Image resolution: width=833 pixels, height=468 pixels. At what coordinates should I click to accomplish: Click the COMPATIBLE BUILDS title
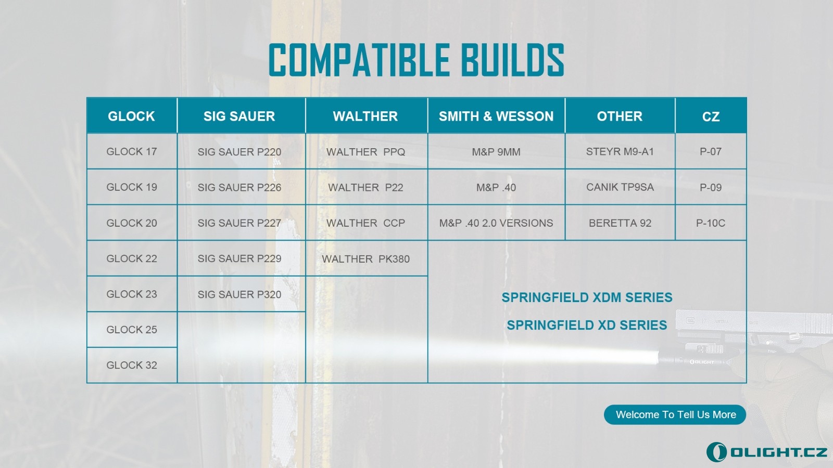click(416, 59)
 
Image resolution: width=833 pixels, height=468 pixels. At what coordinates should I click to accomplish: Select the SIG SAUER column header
click(242, 115)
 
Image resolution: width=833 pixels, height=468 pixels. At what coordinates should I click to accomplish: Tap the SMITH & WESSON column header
click(497, 115)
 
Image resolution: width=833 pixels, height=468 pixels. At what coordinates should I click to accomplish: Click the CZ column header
click(711, 115)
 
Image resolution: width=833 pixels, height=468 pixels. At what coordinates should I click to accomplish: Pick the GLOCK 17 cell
click(132, 151)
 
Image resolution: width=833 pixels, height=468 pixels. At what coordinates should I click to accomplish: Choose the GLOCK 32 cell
click(132, 365)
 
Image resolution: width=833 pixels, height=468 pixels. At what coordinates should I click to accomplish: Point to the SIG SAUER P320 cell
click(242, 294)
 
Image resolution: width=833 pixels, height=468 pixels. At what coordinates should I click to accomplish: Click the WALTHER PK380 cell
click(367, 258)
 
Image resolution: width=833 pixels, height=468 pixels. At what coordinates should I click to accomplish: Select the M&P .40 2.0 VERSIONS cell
click(497, 223)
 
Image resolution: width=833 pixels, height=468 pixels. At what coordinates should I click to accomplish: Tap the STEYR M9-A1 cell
click(620, 151)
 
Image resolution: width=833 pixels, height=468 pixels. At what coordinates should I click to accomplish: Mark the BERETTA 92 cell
click(620, 223)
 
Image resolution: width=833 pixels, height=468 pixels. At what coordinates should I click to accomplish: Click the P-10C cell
click(711, 223)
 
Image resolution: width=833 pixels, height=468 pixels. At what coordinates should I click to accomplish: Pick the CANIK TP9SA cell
click(620, 187)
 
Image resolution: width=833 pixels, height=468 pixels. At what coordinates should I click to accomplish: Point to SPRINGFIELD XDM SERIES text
click(587, 297)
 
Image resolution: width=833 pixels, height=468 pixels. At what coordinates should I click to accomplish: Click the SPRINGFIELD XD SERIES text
click(587, 325)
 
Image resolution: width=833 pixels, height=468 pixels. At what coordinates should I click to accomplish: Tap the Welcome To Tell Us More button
click(675, 414)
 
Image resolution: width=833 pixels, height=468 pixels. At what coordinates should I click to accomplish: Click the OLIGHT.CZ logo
click(766, 452)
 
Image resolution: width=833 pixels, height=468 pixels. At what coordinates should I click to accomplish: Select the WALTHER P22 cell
click(367, 187)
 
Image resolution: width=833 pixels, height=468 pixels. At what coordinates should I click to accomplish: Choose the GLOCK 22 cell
click(132, 258)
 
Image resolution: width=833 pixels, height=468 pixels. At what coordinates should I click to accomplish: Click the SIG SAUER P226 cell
click(242, 187)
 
